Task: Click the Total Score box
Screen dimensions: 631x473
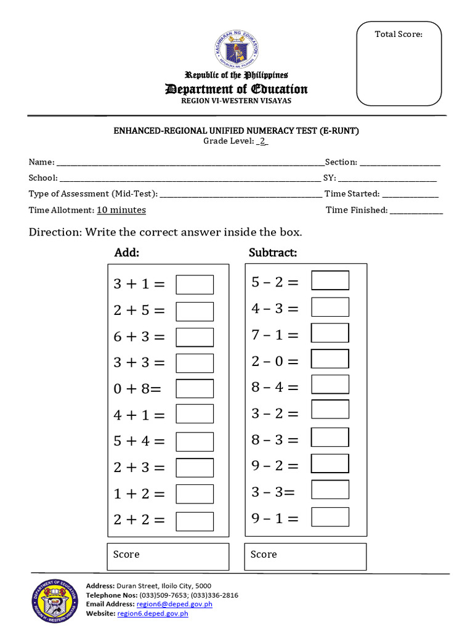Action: tap(398, 64)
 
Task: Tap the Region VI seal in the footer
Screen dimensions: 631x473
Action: tap(55, 601)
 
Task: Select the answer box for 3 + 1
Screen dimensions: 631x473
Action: tap(195, 285)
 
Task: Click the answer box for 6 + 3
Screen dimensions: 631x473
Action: tap(195, 337)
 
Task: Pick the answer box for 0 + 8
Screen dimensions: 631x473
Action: tap(195, 389)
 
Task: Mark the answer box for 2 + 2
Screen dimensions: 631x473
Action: tap(195, 521)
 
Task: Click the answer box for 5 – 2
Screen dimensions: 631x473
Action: tap(330, 280)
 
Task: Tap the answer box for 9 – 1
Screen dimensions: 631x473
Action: tap(330, 517)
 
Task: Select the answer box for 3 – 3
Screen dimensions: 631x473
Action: tap(330, 490)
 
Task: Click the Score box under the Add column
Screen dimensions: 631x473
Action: tap(168, 556)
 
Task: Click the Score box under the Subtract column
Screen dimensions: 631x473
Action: tap(305, 556)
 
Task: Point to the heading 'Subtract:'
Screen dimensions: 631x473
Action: tap(273, 253)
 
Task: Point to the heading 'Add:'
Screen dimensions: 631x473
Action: tap(127, 253)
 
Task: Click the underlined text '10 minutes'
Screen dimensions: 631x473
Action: tap(121, 210)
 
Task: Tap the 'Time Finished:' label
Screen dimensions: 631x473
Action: tap(357, 210)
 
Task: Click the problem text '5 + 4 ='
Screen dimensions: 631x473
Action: tap(139, 441)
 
